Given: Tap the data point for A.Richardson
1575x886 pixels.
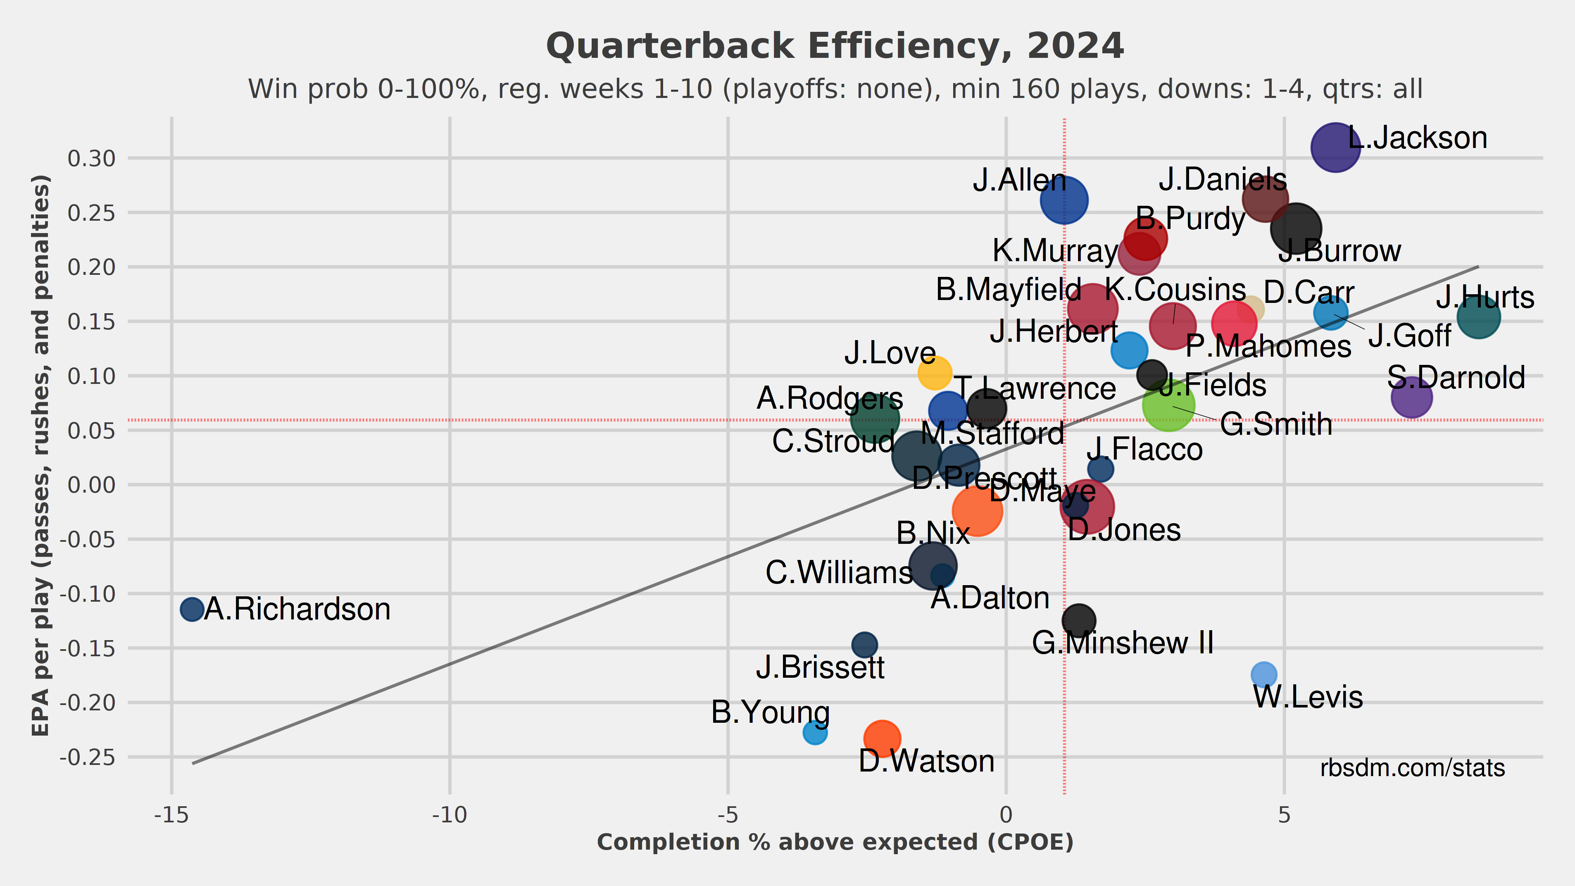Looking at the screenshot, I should tap(192, 609).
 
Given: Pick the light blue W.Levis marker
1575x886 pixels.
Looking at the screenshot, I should tap(1264, 674).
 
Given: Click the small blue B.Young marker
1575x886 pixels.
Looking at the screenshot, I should tap(814, 732).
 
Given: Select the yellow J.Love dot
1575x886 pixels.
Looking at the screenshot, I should tap(934, 372).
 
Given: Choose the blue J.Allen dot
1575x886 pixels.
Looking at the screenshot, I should tap(1064, 199).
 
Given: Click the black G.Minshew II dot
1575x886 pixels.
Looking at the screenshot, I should tap(1078, 620).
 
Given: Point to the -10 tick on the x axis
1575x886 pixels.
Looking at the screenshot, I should tap(450, 815).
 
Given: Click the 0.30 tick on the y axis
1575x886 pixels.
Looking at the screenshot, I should tap(92, 158).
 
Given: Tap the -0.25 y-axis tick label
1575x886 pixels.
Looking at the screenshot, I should tap(88, 757).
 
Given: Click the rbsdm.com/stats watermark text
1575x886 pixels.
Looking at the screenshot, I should tap(1412, 768).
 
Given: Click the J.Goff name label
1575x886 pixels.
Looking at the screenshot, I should tap(1409, 336).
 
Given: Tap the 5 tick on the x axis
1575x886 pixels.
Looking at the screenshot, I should tap(1284, 815).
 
